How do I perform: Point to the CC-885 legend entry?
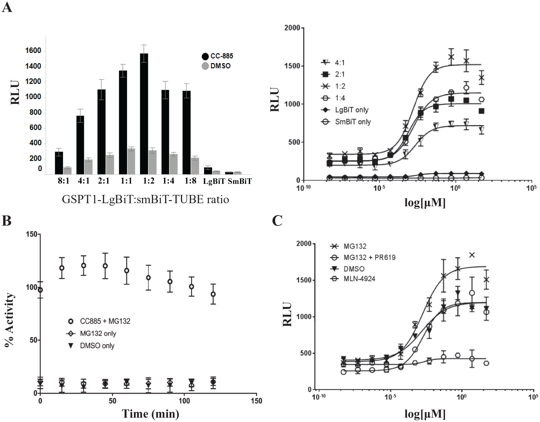[217, 56]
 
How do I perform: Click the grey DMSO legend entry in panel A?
[216, 66]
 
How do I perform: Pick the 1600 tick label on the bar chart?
[33, 51]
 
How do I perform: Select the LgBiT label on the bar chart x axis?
[214, 181]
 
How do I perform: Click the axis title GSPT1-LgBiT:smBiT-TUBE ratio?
[145, 200]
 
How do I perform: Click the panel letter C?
[277, 221]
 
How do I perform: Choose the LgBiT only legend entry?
[345, 110]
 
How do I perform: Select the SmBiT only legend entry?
[346, 122]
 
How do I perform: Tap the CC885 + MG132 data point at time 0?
[40, 290]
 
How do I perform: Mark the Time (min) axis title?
[150, 414]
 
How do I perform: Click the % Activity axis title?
[9, 320]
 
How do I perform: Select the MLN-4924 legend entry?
[353, 279]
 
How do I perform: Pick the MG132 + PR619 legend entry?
[363, 257]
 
